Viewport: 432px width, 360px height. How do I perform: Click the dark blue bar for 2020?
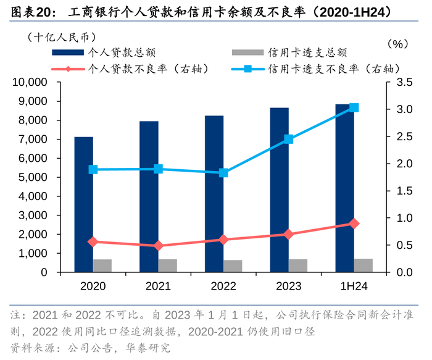pyautogui.click(x=83, y=204)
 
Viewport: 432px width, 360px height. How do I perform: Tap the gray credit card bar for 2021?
pyautogui.click(x=167, y=266)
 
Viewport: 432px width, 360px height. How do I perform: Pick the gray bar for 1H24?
pyautogui.click(x=363, y=265)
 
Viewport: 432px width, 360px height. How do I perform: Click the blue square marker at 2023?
pyautogui.click(x=289, y=140)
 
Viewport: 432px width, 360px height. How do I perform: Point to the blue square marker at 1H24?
pyautogui.click(x=354, y=107)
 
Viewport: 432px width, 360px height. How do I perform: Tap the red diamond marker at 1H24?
pyautogui.click(x=354, y=224)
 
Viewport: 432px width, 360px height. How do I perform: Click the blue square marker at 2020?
pyautogui.click(x=93, y=169)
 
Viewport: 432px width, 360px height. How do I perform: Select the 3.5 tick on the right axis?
pyautogui.click(x=404, y=82)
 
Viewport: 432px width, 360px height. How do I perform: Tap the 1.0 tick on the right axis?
pyautogui.click(x=404, y=218)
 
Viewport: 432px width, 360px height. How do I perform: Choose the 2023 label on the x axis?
pyautogui.click(x=288, y=287)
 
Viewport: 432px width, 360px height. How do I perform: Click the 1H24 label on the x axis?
pyautogui.click(x=354, y=287)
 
